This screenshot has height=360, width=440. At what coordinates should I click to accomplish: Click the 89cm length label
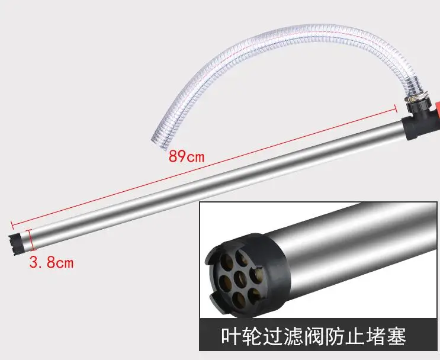187,157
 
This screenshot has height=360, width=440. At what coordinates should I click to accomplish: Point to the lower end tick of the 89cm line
12,225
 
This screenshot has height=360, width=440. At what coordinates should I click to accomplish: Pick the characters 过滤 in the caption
278,337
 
